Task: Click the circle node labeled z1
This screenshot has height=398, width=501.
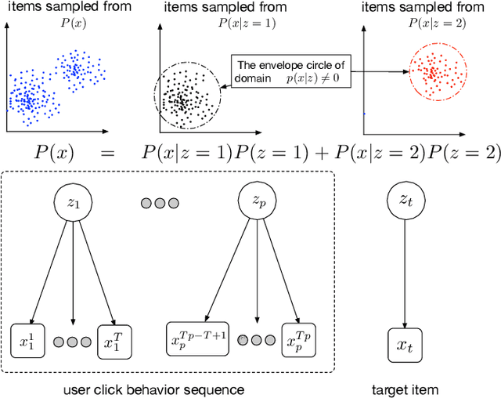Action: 72,202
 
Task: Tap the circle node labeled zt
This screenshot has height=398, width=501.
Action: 404,202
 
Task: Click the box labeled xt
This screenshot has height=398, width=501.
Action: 404,344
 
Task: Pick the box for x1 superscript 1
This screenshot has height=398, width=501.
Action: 30,341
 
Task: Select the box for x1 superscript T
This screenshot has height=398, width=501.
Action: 114,341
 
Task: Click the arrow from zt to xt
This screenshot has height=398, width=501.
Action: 404,274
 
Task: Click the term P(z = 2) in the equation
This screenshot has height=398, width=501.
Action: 462,153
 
